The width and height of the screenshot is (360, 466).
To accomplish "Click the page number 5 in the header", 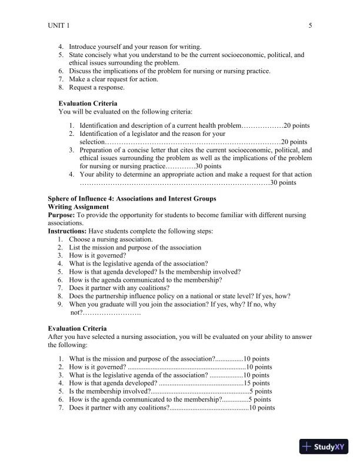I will pyautogui.click(x=310, y=25).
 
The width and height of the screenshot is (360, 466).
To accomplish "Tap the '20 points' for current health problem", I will pyautogui.click(x=297, y=125).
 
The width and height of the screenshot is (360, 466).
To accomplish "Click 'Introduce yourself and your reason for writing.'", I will pyautogui.click(x=135, y=46).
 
